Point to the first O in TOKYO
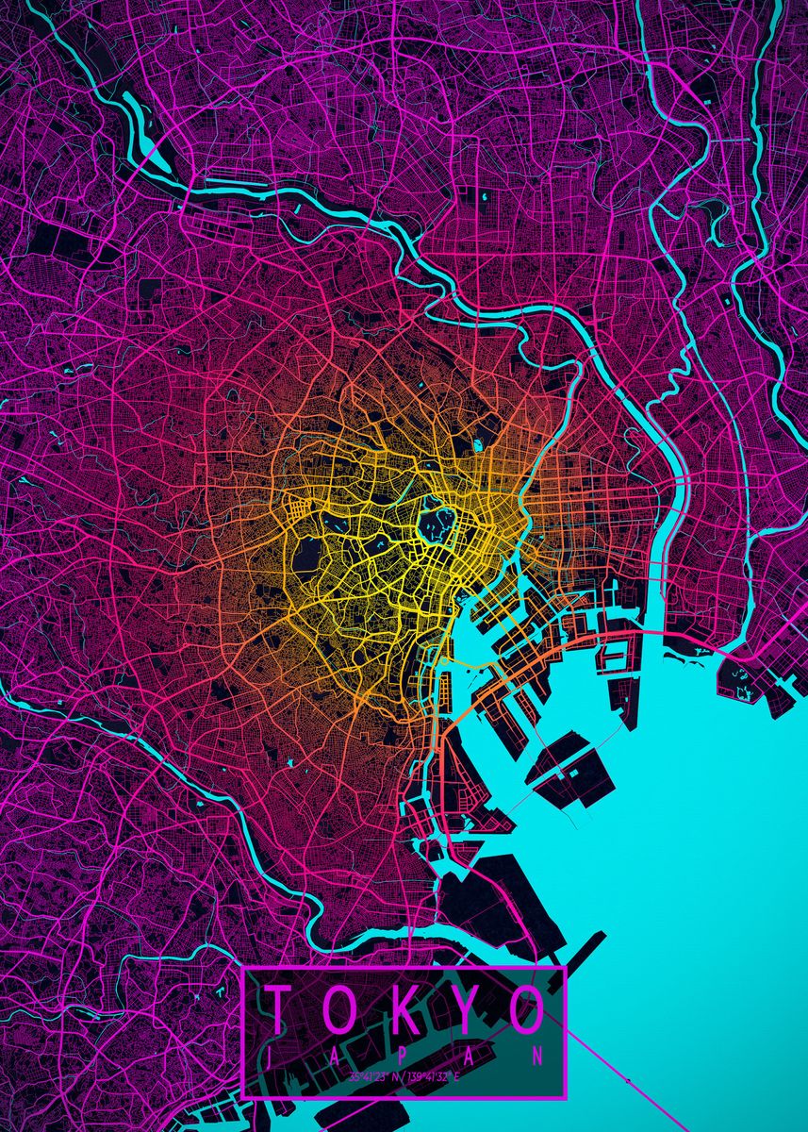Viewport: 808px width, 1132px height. click(x=340, y=1009)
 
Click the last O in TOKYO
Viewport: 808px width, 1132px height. click(x=526, y=1009)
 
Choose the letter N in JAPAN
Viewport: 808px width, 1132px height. click(x=537, y=1056)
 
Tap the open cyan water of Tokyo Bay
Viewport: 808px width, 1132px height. click(x=698, y=849)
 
